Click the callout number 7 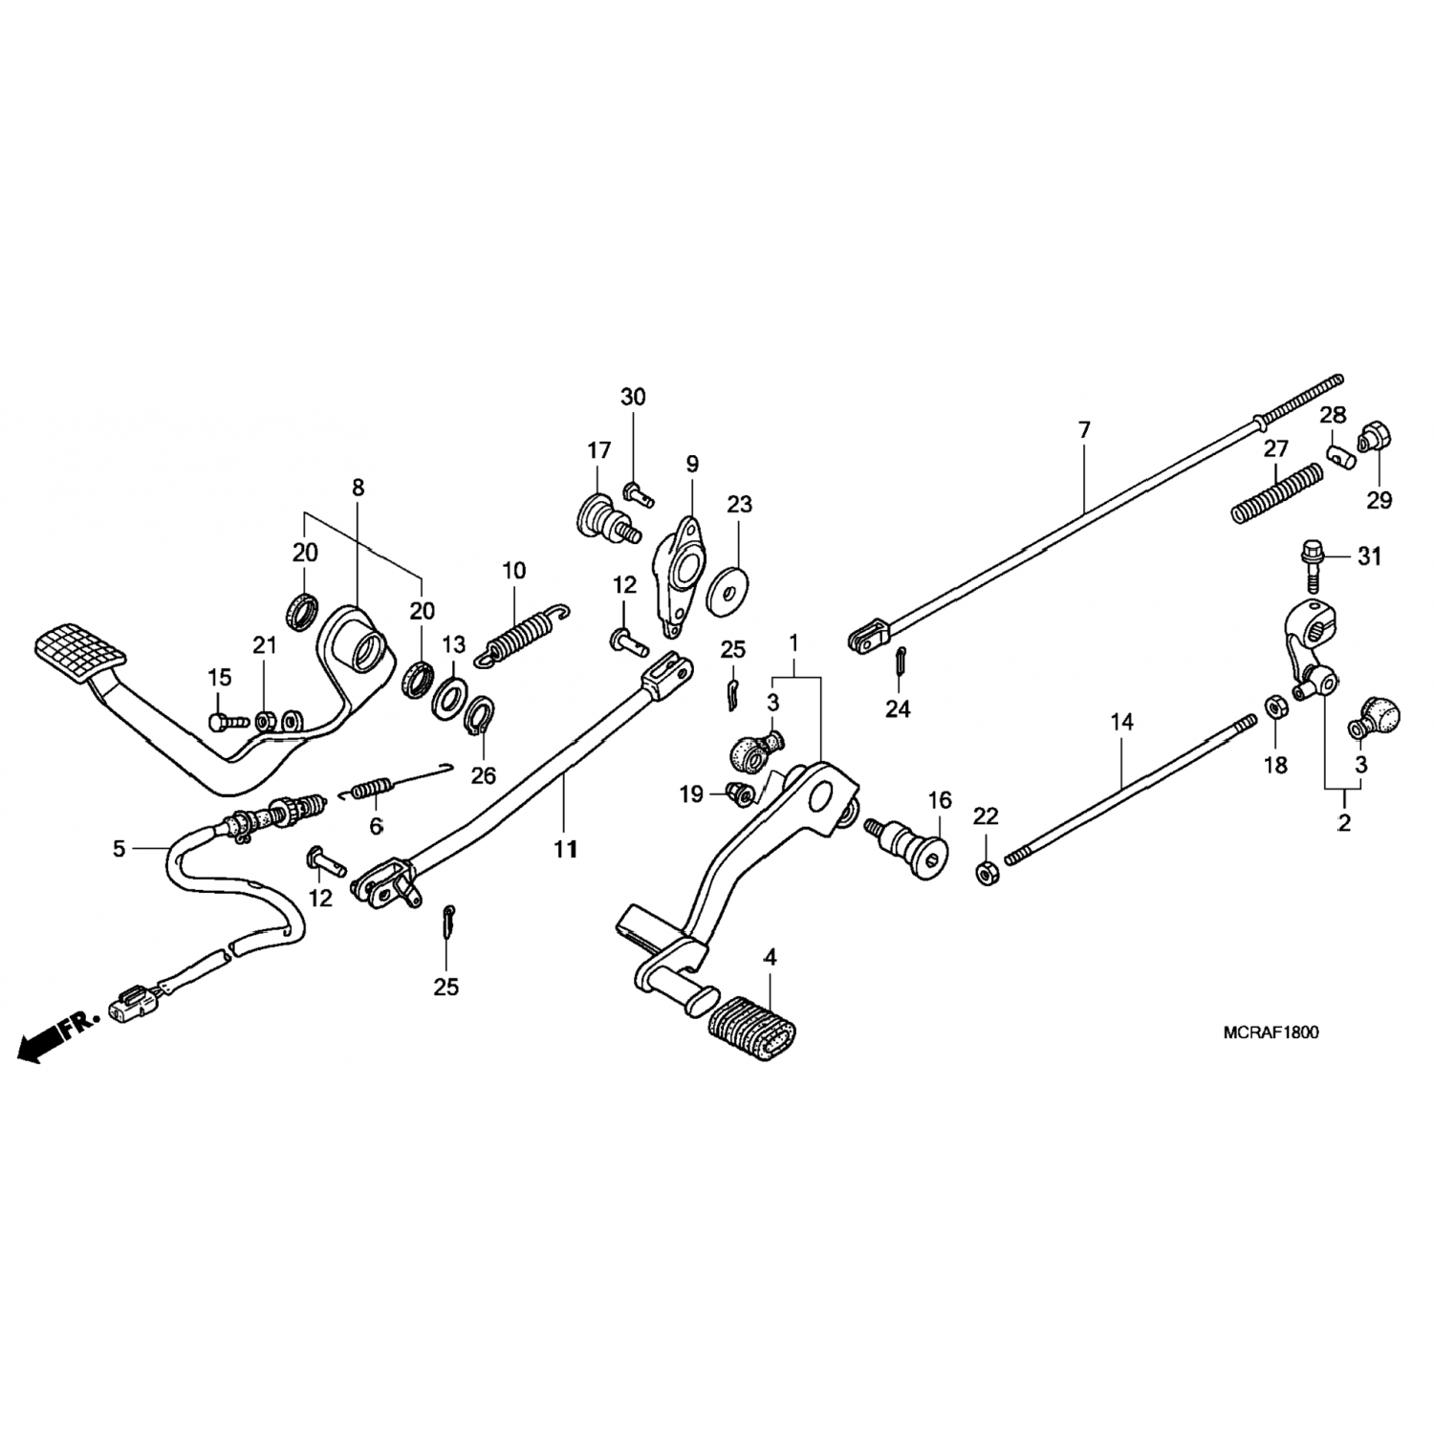click(1083, 431)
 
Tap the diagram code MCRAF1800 click(1271, 1032)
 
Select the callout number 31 click(1370, 556)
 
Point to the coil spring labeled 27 click(1275, 493)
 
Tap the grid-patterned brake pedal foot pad click(79, 651)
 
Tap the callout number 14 click(1121, 723)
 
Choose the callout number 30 click(633, 397)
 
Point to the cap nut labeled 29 click(1375, 439)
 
